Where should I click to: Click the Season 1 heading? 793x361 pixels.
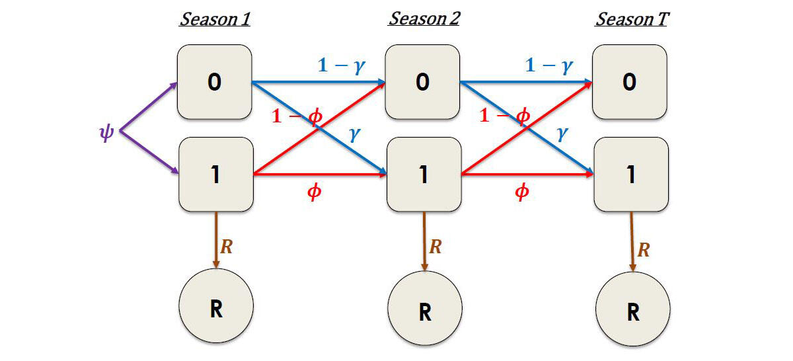215,19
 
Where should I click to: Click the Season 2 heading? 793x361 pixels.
424,19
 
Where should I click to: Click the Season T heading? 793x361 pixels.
632,19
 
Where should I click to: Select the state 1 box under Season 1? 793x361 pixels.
215,175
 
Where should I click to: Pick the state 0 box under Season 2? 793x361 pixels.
423,82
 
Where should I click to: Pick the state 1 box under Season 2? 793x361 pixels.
423,175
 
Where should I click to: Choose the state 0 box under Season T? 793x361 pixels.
630,82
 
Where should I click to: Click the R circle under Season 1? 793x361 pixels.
215,308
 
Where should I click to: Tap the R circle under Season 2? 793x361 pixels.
424,311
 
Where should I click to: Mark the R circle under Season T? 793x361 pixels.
633,311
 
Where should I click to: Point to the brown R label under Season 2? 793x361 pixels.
435,247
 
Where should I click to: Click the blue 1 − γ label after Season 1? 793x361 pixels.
342,65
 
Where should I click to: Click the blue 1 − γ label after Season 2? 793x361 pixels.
548,65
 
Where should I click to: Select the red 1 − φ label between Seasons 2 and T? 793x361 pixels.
505,116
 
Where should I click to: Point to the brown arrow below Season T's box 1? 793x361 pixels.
632,241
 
